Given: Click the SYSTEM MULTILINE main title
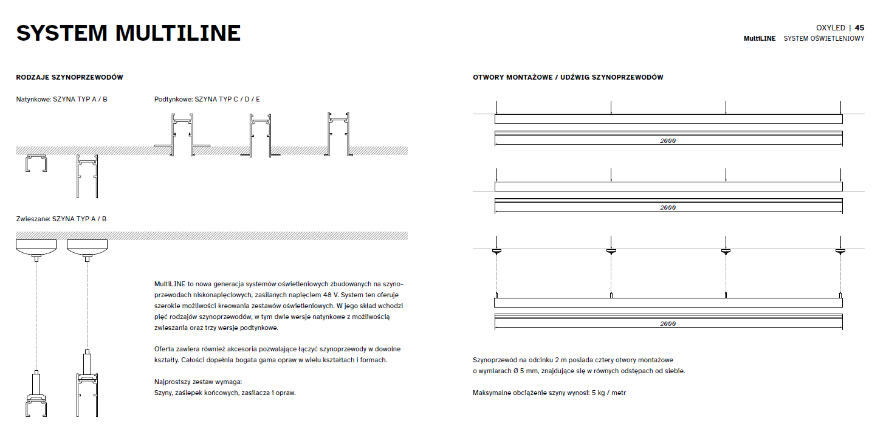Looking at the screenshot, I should coord(128,33).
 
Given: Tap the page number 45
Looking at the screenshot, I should coord(859,28).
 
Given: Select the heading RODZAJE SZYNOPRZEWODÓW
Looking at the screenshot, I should coord(70,78).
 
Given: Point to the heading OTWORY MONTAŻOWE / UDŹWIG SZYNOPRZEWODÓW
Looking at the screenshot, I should coord(568,78).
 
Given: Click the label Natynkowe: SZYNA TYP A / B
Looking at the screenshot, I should coord(61,99).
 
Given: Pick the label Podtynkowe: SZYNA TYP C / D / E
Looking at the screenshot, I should coord(207,99).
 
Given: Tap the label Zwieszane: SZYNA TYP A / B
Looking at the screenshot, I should coord(61,219).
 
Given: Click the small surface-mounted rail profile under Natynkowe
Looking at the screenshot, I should coord(36,164).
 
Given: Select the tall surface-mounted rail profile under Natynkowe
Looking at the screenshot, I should coord(86,176).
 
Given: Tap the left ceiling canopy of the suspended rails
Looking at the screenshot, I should coord(36,246).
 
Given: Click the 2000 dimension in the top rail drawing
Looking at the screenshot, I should coord(668,141).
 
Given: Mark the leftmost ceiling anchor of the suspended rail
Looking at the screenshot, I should coord(496,250).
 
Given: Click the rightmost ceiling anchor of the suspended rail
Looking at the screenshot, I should coord(840,250).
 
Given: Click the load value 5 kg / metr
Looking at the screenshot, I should coord(608,393).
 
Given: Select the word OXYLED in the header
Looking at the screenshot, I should coord(830,28).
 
